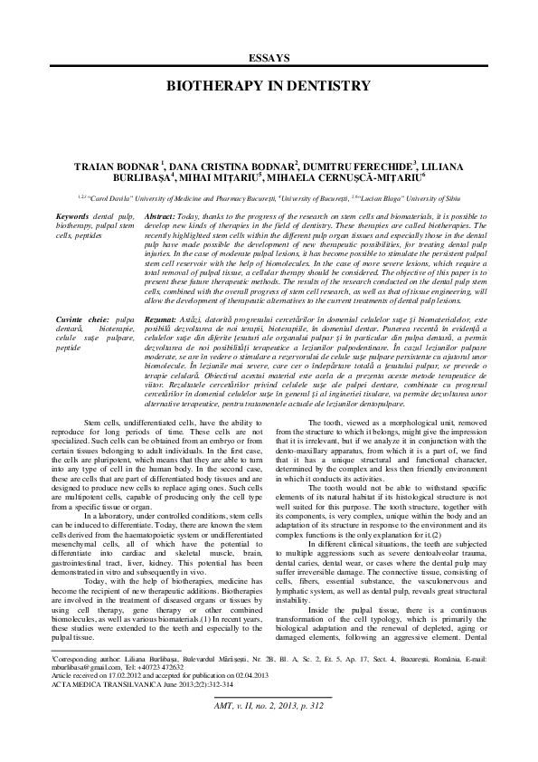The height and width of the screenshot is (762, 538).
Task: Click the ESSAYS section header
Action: (x=269, y=57)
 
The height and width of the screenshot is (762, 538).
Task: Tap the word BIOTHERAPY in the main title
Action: (x=208, y=85)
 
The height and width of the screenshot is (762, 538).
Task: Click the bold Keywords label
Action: (x=72, y=218)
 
